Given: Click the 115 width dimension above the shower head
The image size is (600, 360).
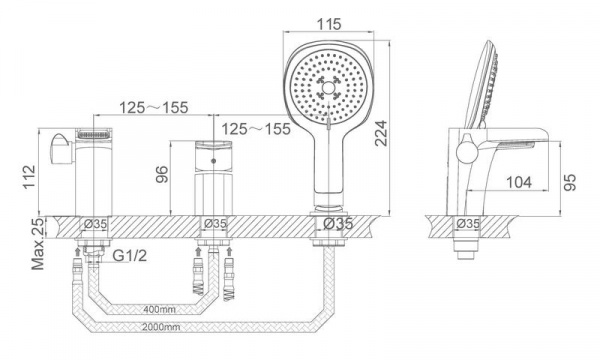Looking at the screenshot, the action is click(x=329, y=24).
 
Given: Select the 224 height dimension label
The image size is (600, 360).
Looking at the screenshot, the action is click(x=381, y=133).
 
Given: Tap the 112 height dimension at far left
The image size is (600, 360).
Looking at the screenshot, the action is click(x=29, y=176).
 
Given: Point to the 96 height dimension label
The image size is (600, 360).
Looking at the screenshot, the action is click(x=162, y=174).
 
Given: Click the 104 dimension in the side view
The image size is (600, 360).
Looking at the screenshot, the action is click(x=519, y=182).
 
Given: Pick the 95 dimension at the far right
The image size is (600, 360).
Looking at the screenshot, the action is click(x=569, y=182).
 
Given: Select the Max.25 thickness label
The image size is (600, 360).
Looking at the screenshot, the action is click(x=38, y=243).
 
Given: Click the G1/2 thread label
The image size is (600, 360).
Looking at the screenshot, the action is click(x=130, y=255).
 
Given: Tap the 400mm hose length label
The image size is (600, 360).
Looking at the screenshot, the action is click(x=160, y=309).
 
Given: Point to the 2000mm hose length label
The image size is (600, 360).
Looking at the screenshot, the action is click(x=161, y=327).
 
